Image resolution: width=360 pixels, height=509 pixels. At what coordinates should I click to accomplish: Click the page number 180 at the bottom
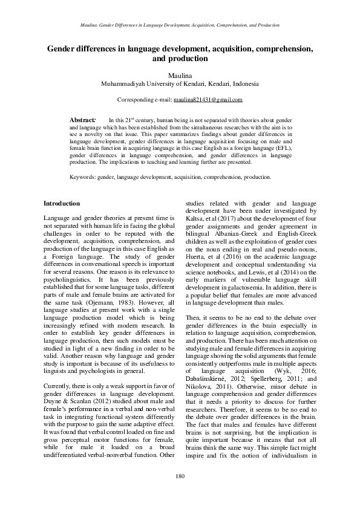click(180, 477)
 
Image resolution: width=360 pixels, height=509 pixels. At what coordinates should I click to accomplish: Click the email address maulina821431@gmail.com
click(208, 99)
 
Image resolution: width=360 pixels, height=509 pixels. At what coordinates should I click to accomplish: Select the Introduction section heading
click(62, 204)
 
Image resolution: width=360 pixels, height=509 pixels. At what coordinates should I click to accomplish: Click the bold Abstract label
click(83, 121)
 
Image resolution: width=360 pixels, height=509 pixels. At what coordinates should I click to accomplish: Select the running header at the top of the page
click(180, 25)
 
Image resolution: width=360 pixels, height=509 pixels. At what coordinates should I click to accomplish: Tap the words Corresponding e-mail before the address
click(144, 99)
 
